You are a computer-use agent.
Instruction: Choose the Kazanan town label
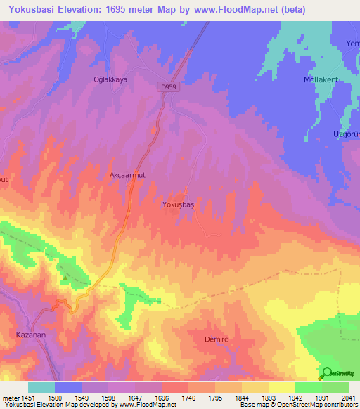[31, 335]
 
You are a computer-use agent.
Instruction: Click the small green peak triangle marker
[65, 278]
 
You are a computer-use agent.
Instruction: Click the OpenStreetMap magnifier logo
[327, 372]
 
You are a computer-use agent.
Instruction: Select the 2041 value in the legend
[349, 397]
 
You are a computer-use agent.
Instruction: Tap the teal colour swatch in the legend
[41, 387]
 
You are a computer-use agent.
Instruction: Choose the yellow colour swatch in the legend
[281, 387]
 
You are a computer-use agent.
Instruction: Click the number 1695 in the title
[129, 8]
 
